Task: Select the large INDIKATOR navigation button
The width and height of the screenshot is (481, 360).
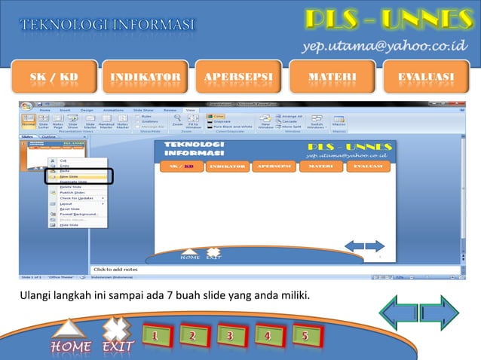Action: pos(146,78)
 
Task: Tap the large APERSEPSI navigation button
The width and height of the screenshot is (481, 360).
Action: pos(238,78)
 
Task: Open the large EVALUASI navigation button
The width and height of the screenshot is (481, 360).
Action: pos(426,78)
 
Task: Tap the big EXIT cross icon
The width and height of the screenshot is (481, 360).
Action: pos(116,336)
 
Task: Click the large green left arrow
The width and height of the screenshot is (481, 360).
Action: pos(398,312)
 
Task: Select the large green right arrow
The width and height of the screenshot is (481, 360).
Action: pos(440,312)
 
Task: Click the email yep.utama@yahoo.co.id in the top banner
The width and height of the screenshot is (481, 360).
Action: pos(387,47)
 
